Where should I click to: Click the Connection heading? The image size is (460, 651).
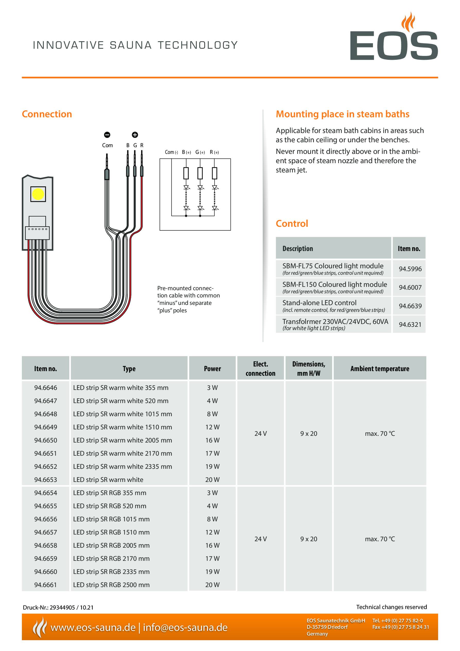(47, 114)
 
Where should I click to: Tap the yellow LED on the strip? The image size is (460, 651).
(38, 194)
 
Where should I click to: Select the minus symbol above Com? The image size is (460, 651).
(107, 135)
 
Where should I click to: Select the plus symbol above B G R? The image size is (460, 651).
(135, 135)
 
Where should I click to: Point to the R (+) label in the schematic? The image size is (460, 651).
(214, 152)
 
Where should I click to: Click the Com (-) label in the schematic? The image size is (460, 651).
(171, 152)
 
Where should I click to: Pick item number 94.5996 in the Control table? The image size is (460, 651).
(410, 269)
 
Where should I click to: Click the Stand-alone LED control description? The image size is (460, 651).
(319, 303)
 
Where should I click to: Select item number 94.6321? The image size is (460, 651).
(410, 324)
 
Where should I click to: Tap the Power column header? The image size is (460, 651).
(212, 369)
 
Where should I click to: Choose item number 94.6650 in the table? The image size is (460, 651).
(46, 440)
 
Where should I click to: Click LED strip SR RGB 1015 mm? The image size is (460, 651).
(111, 519)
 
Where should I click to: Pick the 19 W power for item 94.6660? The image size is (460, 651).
(212, 572)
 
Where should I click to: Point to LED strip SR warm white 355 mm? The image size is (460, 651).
(121, 388)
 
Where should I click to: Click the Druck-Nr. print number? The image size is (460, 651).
(58, 608)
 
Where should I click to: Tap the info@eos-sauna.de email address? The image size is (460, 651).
(185, 628)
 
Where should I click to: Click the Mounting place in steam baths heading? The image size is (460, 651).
(342, 114)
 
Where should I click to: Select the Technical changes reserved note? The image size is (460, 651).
(391, 607)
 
